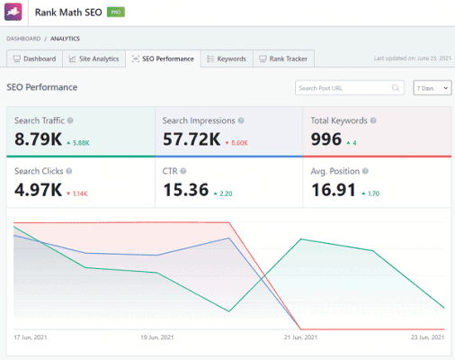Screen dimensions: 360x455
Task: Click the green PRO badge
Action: pos(117,13)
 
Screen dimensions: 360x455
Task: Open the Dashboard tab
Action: pos(34,58)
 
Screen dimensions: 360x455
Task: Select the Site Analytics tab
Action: pos(94,58)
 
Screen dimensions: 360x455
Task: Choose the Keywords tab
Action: pos(226,58)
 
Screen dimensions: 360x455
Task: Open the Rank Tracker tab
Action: pos(286,58)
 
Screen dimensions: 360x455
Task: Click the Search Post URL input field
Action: pos(343,87)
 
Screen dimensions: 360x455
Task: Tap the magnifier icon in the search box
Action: pos(396,87)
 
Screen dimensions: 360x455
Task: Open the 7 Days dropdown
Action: pos(433,87)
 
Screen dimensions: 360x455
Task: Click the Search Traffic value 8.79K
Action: pos(38,139)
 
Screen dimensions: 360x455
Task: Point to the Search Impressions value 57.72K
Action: pos(192,139)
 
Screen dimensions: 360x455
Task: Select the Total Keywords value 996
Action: pos(326,139)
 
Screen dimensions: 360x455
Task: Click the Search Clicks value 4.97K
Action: pos(38,190)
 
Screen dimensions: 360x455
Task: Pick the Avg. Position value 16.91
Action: pos(334,190)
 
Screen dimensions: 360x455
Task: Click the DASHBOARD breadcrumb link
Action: pos(24,39)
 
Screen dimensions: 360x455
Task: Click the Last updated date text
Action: pos(411,59)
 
